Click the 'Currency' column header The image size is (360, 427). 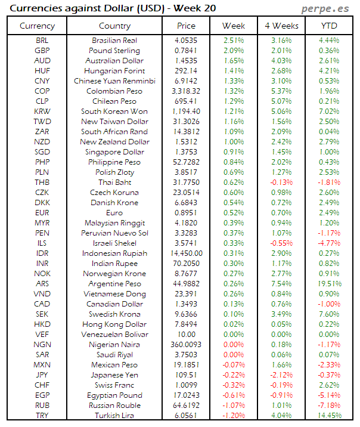click(37, 26)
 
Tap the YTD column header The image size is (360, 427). click(329, 26)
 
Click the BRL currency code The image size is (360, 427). click(42, 41)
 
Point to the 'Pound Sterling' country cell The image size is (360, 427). click(114, 51)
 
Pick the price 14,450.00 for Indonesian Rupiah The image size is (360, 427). click(186, 253)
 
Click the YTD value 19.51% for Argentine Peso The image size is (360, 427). click(329, 284)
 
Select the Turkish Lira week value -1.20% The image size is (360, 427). click(233, 416)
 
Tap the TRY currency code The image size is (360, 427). click(42, 416)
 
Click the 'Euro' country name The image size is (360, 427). click(114, 213)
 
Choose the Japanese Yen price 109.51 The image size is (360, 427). click(186, 375)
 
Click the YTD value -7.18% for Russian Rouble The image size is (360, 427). click(329, 406)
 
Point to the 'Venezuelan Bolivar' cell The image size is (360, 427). click(114, 335)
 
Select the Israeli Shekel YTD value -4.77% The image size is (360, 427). click(329, 243)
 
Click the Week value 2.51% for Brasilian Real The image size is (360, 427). click(233, 41)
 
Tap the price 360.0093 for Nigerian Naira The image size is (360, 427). click(186, 345)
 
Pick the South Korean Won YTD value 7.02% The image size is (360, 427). click(329, 112)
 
